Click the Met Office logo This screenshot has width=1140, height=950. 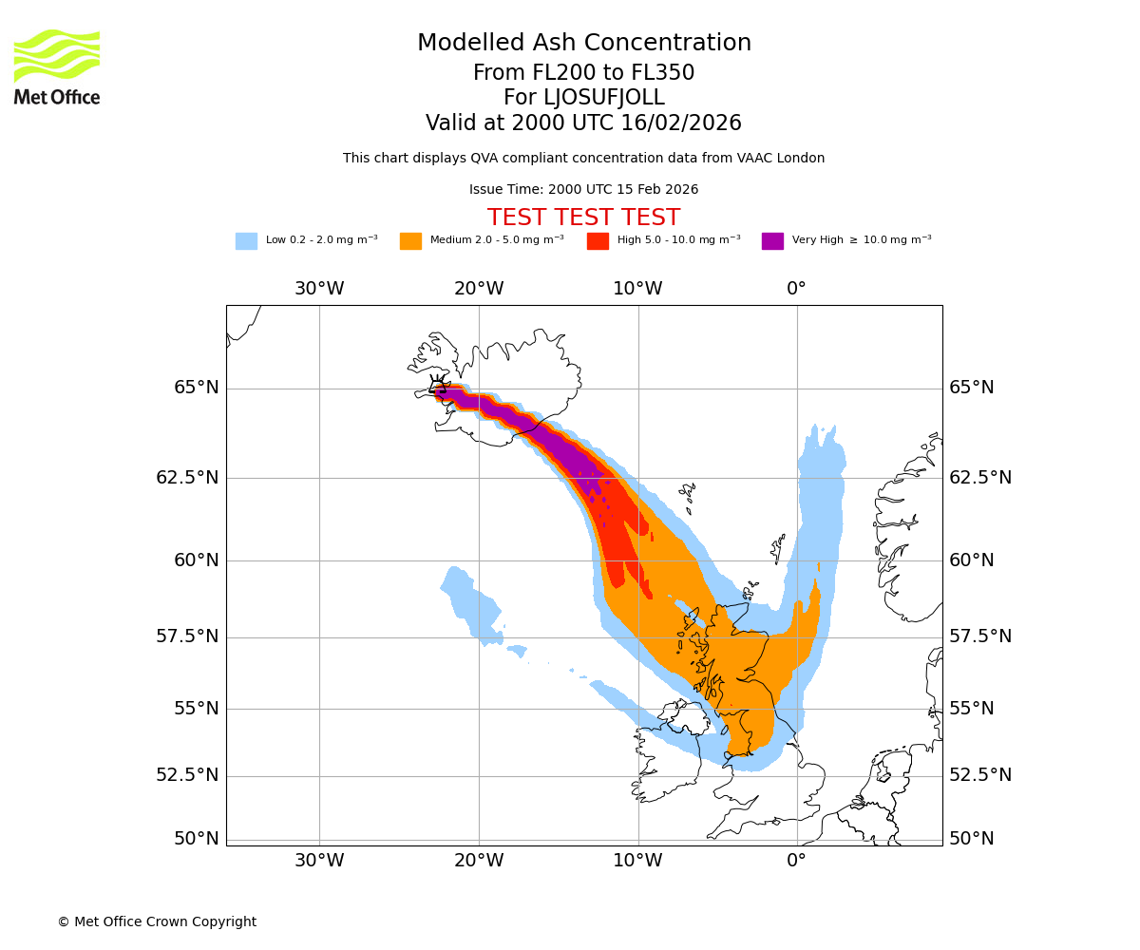pos(57,66)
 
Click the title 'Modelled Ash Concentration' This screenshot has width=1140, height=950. pos(583,43)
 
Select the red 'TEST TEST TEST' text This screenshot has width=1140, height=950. pos(583,218)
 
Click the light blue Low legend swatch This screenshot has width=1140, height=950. pos(246,240)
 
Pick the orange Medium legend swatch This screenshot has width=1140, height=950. pos(410,240)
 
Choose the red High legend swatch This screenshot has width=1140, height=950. pos(598,240)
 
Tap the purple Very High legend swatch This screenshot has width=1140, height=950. pos(772,240)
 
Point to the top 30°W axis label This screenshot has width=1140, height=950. pos(319,289)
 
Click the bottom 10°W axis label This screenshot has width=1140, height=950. pos(637,861)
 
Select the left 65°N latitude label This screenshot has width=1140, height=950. pos(197,388)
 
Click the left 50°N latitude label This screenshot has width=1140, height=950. pos(197,839)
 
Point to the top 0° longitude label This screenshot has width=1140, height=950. pos(796,289)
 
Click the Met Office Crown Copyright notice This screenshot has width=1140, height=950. pos(157,921)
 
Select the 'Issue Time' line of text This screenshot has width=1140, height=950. pos(583,189)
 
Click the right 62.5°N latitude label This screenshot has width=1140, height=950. pos(980,477)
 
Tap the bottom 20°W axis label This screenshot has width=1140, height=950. pos(478,861)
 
